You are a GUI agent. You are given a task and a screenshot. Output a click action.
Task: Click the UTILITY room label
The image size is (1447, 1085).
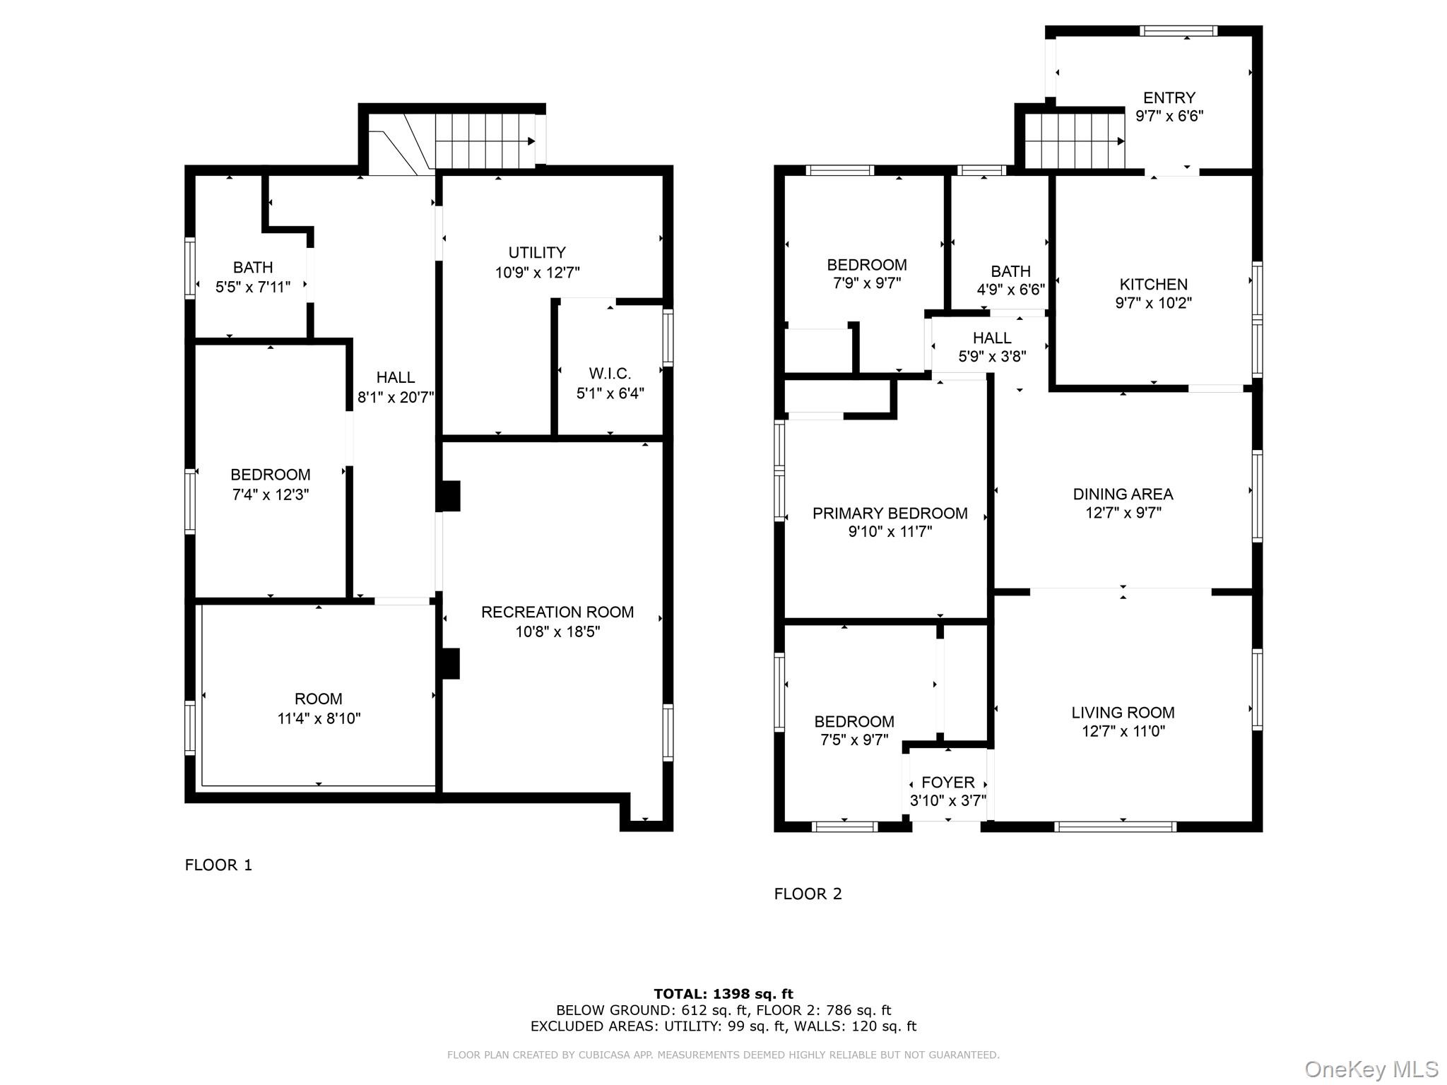(x=537, y=253)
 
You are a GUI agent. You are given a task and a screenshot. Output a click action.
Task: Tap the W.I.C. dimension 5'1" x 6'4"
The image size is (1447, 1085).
(x=610, y=393)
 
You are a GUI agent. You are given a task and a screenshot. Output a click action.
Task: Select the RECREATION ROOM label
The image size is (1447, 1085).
(x=557, y=612)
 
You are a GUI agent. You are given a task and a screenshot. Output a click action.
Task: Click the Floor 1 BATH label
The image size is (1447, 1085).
(x=253, y=268)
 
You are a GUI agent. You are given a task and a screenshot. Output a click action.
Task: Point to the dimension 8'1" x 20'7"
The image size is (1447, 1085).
(x=396, y=398)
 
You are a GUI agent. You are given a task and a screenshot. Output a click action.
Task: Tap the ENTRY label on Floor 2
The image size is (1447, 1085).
(x=1169, y=97)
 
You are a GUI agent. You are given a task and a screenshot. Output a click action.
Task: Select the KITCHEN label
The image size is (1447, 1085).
(x=1154, y=285)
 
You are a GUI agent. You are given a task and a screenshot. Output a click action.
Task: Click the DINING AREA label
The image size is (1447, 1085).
(x=1123, y=494)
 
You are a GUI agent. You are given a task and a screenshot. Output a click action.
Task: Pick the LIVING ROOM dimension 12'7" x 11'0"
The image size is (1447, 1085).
(x=1123, y=731)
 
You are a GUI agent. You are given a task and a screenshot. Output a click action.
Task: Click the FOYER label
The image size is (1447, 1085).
(x=948, y=783)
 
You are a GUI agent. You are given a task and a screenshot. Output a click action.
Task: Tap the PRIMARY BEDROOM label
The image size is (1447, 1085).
(x=890, y=514)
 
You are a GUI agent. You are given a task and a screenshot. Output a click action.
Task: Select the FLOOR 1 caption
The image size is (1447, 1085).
(x=218, y=865)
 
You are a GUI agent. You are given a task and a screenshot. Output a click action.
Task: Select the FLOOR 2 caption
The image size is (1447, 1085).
(x=808, y=894)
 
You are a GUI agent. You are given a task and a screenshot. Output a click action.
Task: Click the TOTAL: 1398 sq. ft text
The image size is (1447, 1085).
(x=723, y=995)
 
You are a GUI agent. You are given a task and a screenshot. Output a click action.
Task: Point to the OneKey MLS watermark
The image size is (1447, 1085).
(x=1371, y=1069)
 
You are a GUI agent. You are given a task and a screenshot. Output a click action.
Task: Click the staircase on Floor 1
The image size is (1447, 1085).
(x=484, y=141)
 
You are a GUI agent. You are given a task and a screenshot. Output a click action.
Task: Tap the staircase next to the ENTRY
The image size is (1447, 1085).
(x=1074, y=141)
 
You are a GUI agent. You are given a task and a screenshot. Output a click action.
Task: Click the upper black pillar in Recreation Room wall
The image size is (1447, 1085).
(x=449, y=496)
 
